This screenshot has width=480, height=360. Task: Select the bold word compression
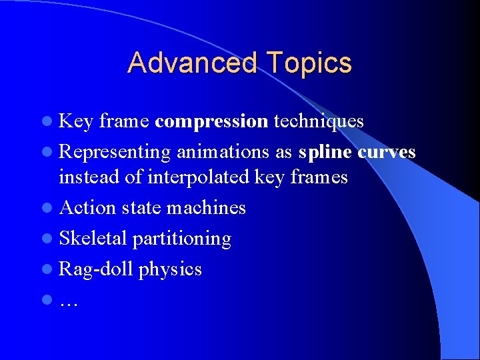point(211,121)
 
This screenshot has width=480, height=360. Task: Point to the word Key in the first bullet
point(76,121)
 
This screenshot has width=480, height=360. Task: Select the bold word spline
point(325,152)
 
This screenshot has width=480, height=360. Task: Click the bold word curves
point(387,152)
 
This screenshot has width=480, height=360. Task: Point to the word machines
point(206,208)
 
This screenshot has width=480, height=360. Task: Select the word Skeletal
point(93,239)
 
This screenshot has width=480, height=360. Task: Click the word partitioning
point(182,239)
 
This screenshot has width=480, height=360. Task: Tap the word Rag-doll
point(96,269)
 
